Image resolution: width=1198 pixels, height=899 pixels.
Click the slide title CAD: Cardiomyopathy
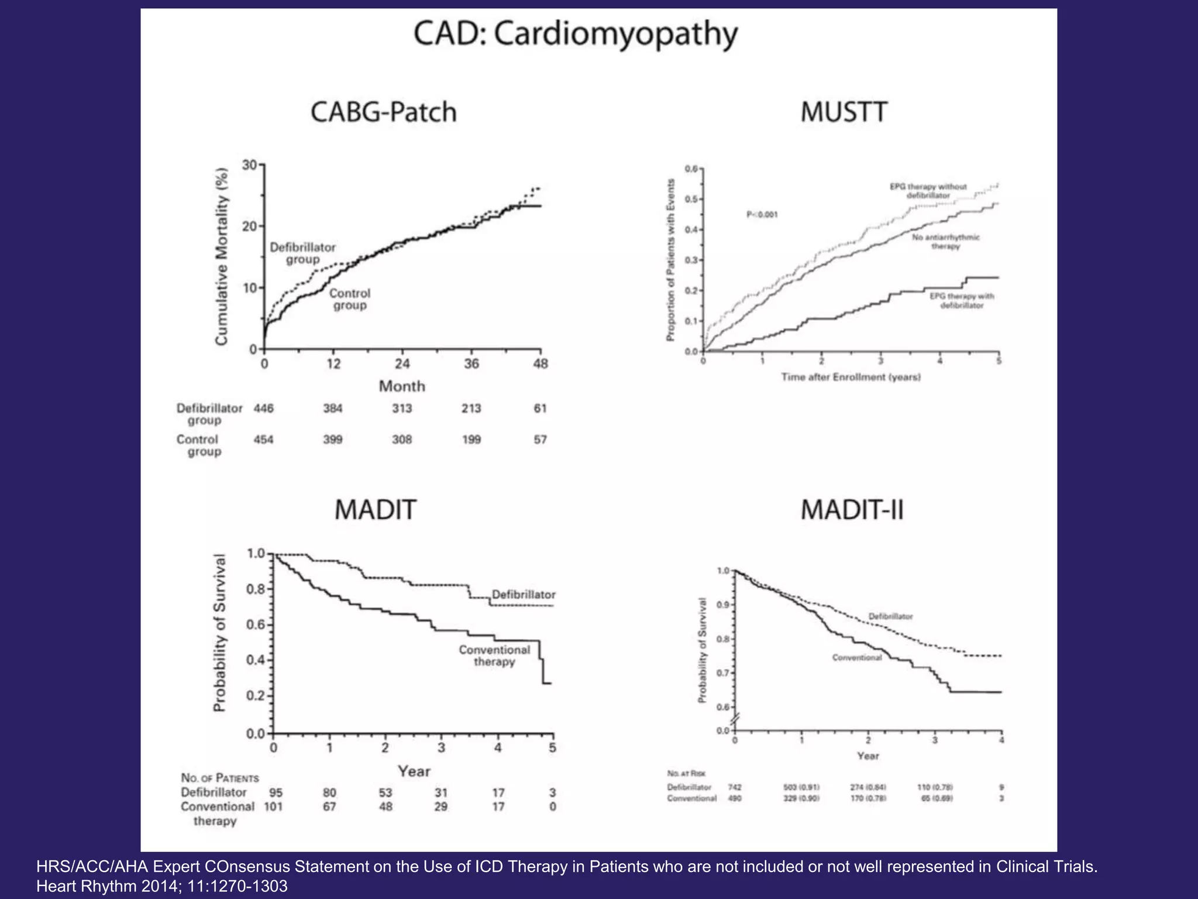tap(576, 35)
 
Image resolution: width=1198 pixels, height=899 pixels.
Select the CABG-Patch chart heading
tap(383, 112)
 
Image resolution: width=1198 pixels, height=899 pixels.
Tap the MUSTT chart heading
tap(844, 112)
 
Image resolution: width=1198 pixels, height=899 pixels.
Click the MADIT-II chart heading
tap(852, 510)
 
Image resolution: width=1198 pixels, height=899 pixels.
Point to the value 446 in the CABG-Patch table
tap(263, 409)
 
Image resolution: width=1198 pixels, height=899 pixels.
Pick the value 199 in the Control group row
tap(471, 440)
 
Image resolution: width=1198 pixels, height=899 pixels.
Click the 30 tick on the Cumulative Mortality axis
tap(250, 165)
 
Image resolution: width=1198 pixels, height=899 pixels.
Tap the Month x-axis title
tap(402, 386)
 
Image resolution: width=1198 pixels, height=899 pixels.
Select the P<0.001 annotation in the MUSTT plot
tap(762, 215)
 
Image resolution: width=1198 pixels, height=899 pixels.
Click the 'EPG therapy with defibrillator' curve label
tap(962, 301)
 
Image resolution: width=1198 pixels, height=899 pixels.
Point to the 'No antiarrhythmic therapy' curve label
tap(945, 242)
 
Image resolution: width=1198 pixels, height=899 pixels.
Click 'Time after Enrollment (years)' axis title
tap(851, 378)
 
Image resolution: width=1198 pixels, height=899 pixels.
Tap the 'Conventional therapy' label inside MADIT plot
tap(494, 656)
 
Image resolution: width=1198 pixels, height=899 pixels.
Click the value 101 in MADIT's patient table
tap(273, 807)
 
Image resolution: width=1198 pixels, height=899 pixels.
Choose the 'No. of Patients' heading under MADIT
tap(220, 778)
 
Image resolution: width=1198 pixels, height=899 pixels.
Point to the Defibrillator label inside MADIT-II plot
tap(890, 616)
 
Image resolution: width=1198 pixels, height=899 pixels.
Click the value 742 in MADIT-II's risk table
tap(735, 787)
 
